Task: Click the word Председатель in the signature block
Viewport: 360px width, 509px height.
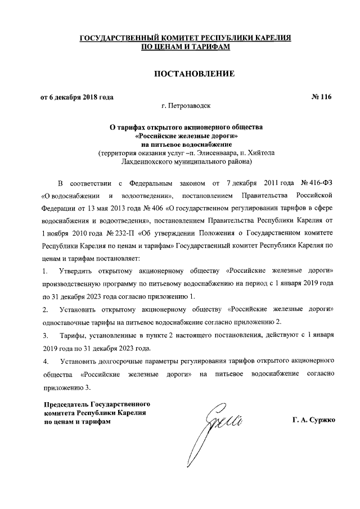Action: pyautogui.click(x=65, y=404)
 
